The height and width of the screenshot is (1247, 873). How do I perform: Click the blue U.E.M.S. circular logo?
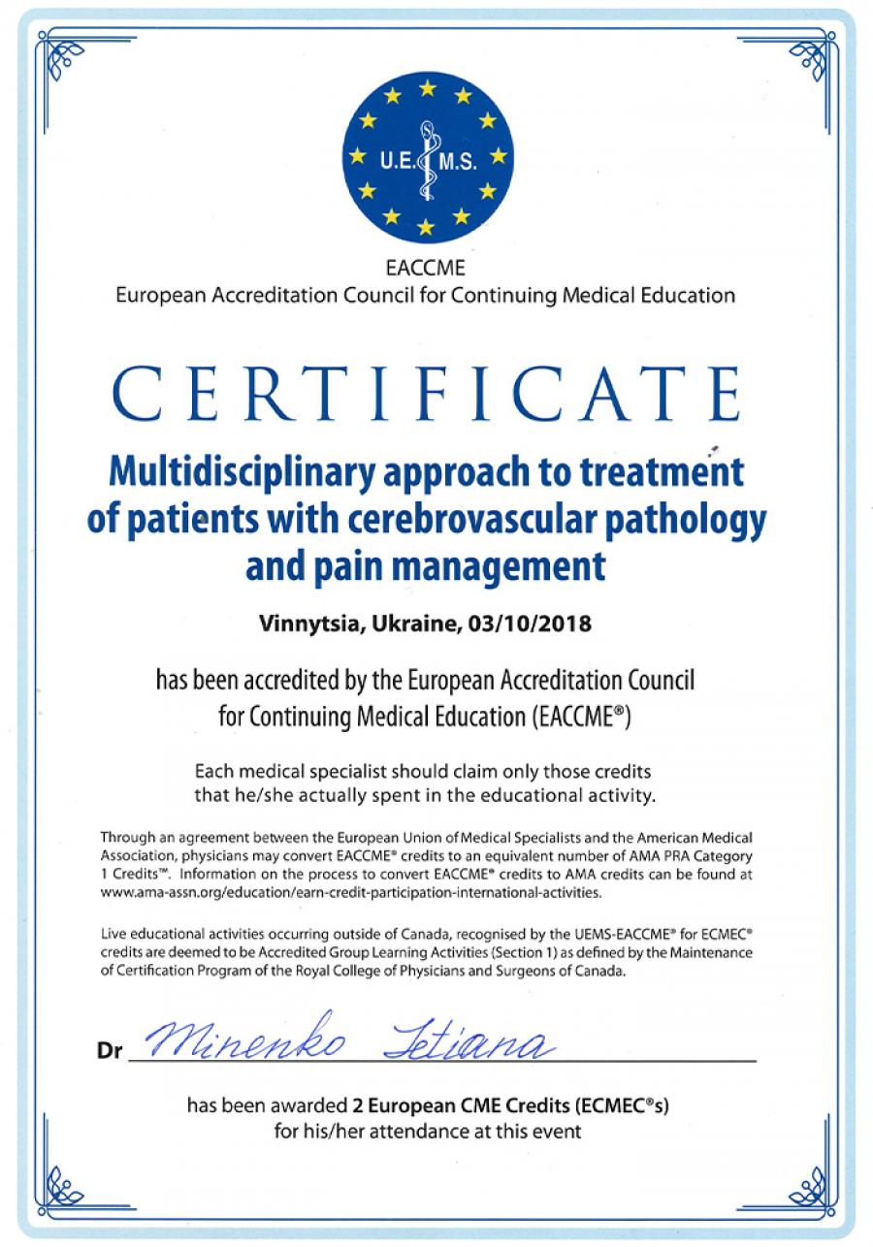click(427, 158)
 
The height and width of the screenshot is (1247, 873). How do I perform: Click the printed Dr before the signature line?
click(110, 1050)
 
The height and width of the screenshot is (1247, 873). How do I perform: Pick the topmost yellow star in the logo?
click(427, 88)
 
